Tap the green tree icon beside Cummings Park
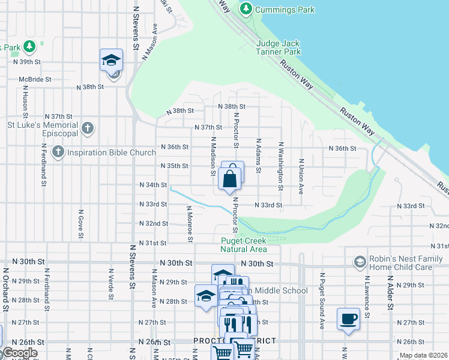[246, 9]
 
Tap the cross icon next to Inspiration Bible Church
[58, 152]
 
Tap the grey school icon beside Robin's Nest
[360, 262]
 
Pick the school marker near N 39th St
[111, 61]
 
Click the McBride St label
[37, 79]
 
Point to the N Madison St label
[212, 156]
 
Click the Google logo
[19, 353]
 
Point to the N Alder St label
[390, 295]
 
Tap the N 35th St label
[175, 166]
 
